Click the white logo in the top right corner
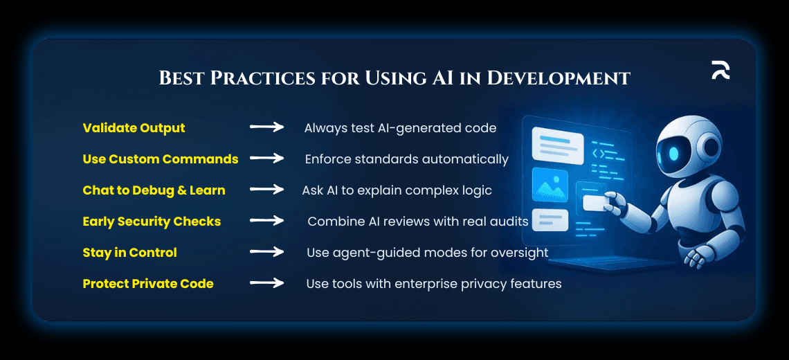tap(720, 70)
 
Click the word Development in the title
tap(559, 78)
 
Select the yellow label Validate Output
tap(134, 128)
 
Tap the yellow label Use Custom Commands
tap(161, 159)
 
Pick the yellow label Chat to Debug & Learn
tap(154, 190)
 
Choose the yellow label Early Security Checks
tap(152, 222)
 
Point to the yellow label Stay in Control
tap(129, 253)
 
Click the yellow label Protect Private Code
tap(148, 284)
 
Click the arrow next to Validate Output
tap(266, 127)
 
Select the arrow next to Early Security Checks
tap(266, 221)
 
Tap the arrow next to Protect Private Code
tap(266, 283)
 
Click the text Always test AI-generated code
tap(400, 128)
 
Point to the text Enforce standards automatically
tap(406, 159)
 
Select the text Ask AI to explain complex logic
tap(397, 190)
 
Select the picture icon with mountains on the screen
tap(550, 185)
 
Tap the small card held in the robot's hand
tap(595, 203)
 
